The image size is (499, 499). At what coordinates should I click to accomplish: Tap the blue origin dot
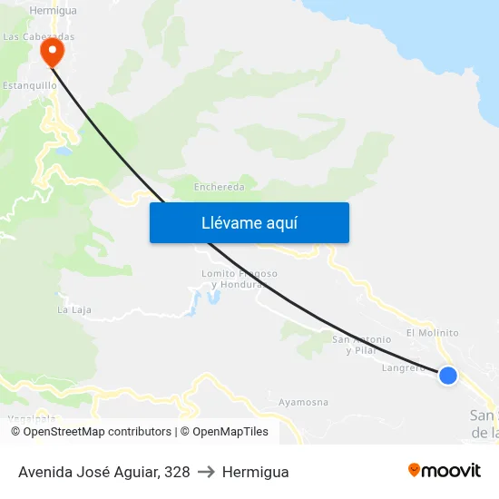coord(448,375)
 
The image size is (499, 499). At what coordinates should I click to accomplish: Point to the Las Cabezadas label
coord(39,37)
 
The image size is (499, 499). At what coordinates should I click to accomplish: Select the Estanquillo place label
coord(31,85)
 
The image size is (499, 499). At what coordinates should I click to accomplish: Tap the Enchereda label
coord(220,188)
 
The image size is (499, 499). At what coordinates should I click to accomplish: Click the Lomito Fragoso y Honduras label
coord(239,279)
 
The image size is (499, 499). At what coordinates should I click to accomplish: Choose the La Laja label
coord(74,309)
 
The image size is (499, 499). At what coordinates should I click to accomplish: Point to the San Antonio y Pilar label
coord(361,345)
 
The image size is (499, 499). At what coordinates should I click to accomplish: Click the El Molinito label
coord(432,333)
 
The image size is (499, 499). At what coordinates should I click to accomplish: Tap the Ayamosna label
coord(303,402)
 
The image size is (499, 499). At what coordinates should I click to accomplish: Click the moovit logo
coord(445,470)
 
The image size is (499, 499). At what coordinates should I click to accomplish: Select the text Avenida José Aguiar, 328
coord(104,472)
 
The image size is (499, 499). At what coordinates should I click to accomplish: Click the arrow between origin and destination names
coord(206,472)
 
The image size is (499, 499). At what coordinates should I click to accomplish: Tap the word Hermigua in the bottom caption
coord(255,472)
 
